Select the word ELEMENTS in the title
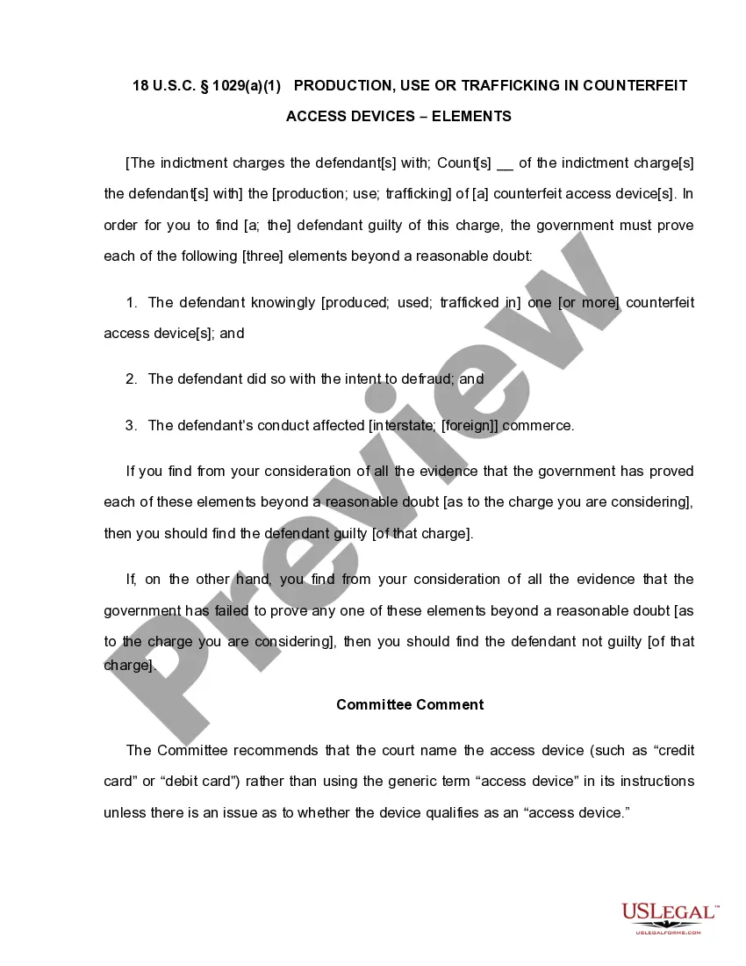(x=472, y=116)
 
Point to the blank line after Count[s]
(x=505, y=164)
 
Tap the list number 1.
(x=132, y=303)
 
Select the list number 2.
(x=132, y=379)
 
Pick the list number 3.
(x=132, y=426)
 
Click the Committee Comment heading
(x=410, y=704)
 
